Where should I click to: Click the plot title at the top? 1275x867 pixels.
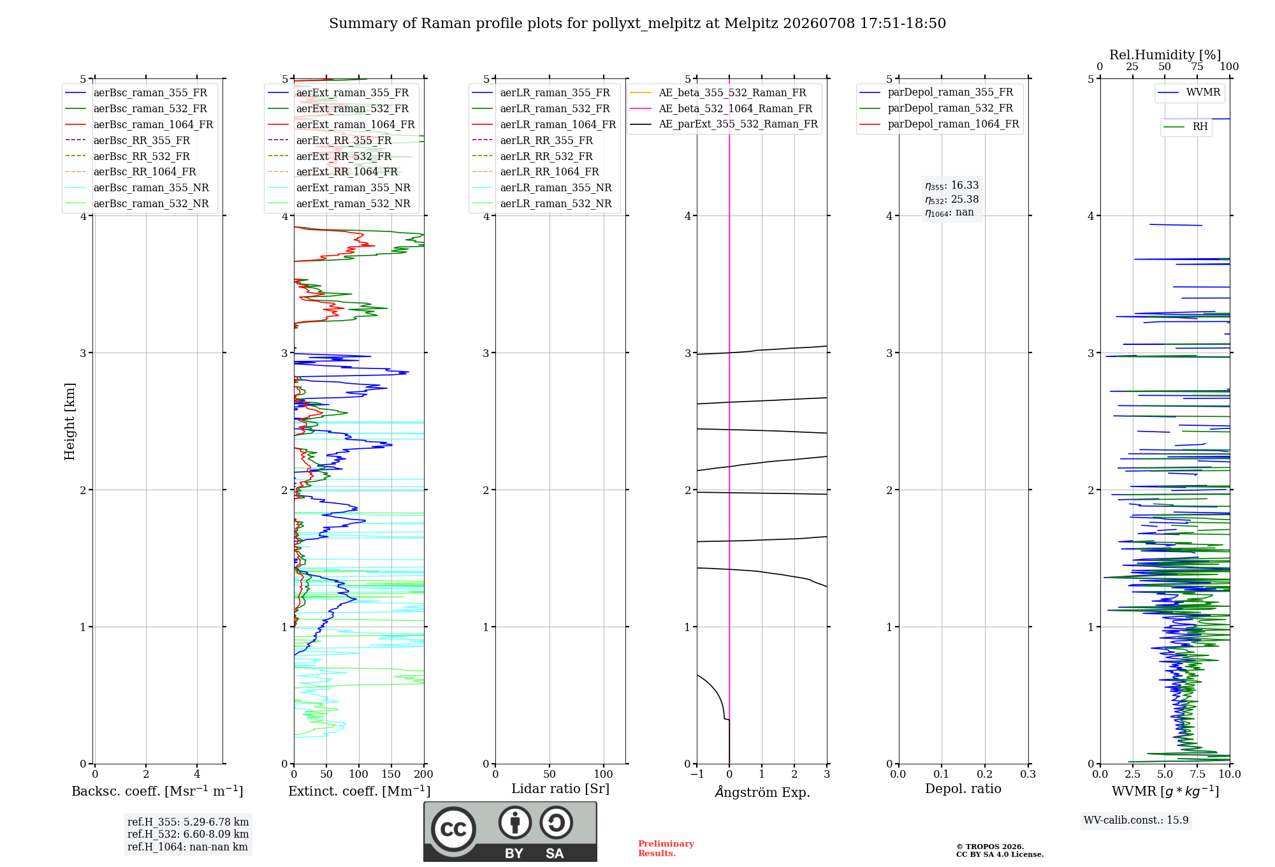coord(637,24)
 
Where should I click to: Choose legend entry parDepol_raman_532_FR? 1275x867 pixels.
coord(936,108)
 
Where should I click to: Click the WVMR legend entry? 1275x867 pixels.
coord(1190,92)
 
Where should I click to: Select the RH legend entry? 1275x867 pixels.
coord(1186,127)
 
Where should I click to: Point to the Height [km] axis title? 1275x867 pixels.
coord(69,421)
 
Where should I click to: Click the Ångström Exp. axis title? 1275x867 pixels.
coord(762,792)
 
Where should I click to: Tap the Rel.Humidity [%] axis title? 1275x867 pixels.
coord(1165,55)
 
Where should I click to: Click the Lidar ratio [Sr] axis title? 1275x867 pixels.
coord(560,789)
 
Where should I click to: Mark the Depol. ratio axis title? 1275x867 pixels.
coord(963,789)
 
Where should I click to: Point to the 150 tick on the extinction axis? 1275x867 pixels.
coord(391,774)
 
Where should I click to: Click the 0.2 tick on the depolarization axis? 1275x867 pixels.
coord(985,774)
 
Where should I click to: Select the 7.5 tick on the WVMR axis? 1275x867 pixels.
coord(1197,774)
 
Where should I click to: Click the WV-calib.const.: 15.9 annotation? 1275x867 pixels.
coord(1136,820)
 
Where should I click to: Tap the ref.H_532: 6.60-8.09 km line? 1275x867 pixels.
coord(188,834)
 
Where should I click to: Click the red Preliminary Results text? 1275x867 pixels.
coord(666,849)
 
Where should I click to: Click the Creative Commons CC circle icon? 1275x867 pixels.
coord(453,829)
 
